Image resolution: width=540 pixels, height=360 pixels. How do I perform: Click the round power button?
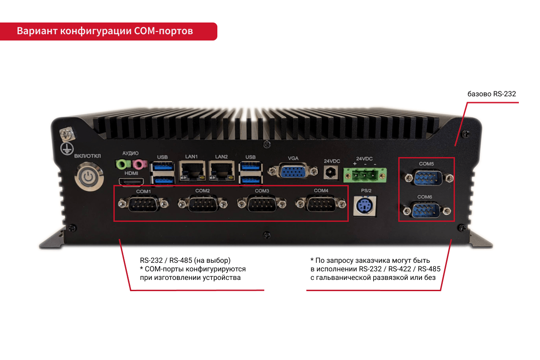pyautogui.click(x=89, y=177)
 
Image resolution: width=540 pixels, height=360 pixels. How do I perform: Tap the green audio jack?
pyautogui.click(x=122, y=164)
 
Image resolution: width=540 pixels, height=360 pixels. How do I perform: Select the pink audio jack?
pyautogui.click(x=139, y=164)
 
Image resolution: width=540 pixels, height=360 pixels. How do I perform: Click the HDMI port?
pyautogui.click(x=131, y=181)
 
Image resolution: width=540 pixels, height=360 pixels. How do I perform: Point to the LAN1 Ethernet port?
pyautogui.click(x=192, y=171)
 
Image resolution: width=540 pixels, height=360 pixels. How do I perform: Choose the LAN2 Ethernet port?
pyautogui.click(x=221, y=171)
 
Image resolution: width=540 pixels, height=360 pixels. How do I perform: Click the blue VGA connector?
pyautogui.click(x=292, y=171)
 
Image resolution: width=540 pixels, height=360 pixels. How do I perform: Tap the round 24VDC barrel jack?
pyautogui.click(x=330, y=173)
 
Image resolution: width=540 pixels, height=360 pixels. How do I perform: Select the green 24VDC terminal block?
pyautogui.click(x=365, y=175)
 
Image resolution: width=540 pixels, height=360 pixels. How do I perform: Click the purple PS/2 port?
pyautogui.click(x=365, y=206)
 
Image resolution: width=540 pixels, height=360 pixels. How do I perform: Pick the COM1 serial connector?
pyautogui.click(x=144, y=204)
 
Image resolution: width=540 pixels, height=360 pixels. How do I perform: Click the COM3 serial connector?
pyautogui.click(x=262, y=204)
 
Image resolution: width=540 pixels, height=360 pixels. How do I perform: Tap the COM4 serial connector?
pyautogui.click(x=320, y=204)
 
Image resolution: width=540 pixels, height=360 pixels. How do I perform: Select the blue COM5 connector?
pyautogui.click(x=427, y=178)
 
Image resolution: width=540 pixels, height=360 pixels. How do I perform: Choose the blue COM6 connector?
pyautogui.click(x=426, y=211)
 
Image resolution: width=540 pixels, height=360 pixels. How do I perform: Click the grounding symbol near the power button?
pyautogui.click(x=67, y=148)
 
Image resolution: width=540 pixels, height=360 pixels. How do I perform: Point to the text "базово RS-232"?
pyautogui.click(x=491, y=94)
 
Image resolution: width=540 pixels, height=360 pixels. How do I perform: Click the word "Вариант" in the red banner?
pyautogui.click(x=37, y=31)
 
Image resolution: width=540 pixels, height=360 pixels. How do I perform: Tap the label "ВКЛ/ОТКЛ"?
pyautogui.click(x=87, y=156)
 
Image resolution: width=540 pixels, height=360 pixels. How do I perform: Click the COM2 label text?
pyautogui.click(x=202, y=191)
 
